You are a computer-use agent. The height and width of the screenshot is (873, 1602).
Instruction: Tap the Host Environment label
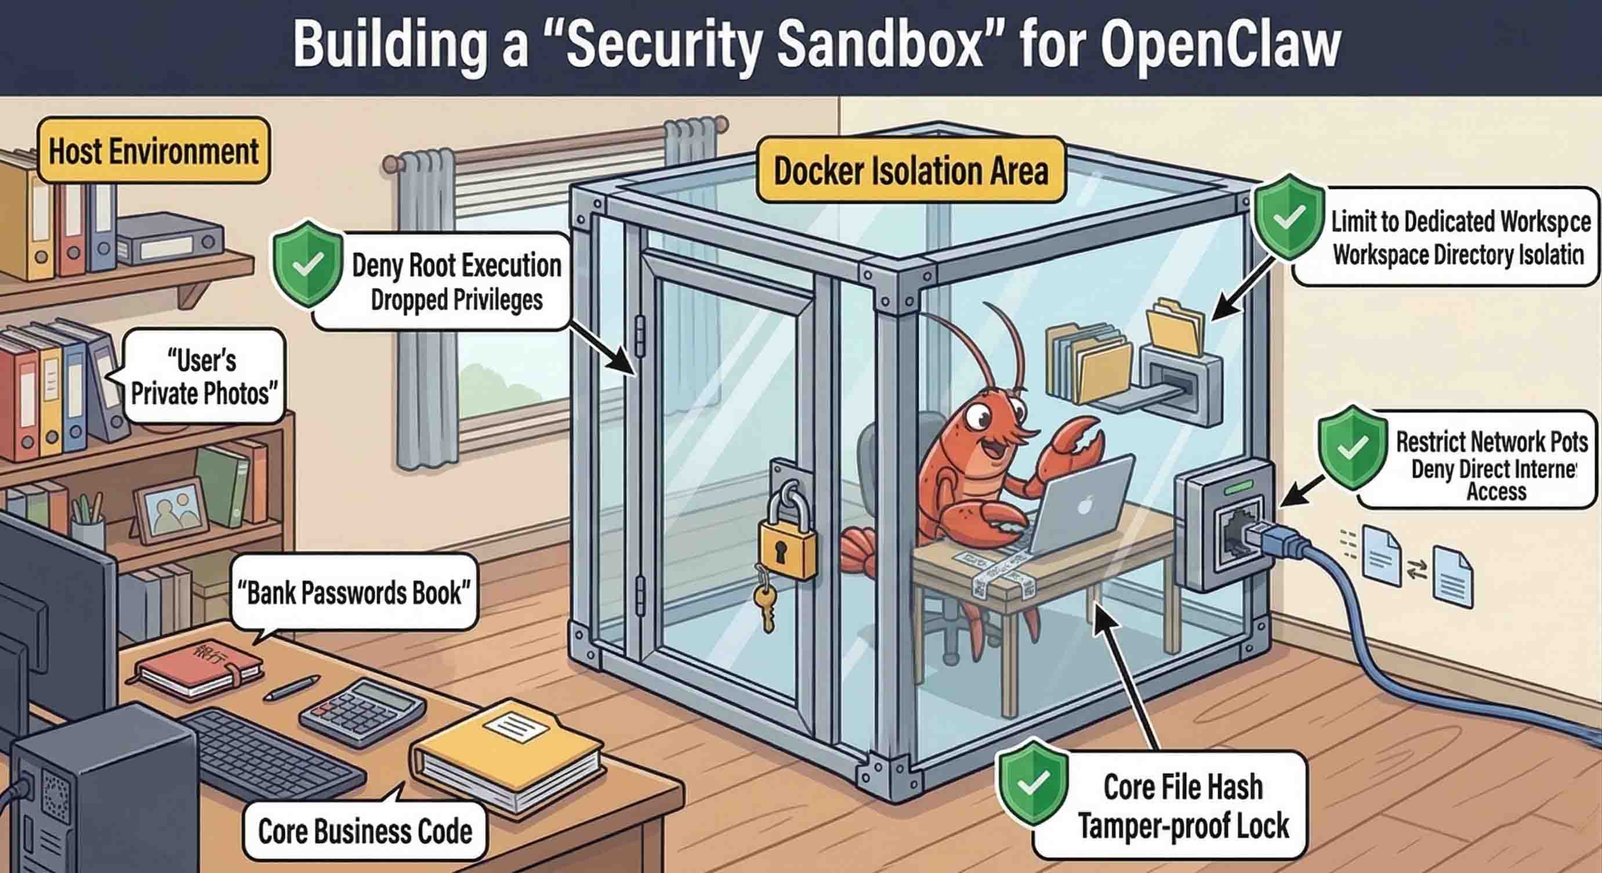pos(153,151)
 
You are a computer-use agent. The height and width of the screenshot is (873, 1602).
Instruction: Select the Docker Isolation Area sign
pos(911,171)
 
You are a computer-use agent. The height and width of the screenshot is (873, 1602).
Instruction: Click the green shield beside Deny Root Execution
pos(307,265)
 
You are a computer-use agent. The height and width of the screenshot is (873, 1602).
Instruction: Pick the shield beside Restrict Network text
pos(1352,448)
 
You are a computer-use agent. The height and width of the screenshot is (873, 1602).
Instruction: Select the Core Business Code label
pos(364,831)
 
